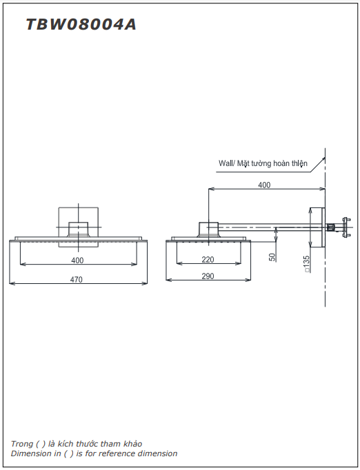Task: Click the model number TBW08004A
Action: [81, 25]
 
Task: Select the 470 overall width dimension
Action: [77, 279]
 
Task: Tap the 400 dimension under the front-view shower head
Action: [77, 260]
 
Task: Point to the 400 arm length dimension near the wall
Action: [264, 185]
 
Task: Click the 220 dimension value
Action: [208, 260]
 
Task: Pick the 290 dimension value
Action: [208, 276]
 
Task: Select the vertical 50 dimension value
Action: [272, 256]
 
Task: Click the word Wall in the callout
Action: [226, 163]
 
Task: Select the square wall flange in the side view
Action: [318, 227]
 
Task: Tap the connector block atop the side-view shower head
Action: [208, 229]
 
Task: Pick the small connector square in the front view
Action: [79, 229]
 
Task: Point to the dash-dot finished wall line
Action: [325, 276]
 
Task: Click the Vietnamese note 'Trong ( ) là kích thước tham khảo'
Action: [77, 443]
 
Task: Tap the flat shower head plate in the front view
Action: [79, 240]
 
